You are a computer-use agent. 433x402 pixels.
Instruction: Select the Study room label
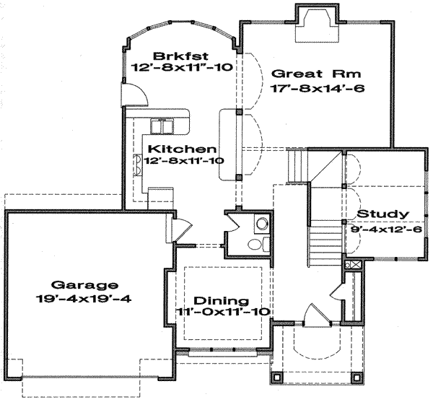click(x=383, y=214)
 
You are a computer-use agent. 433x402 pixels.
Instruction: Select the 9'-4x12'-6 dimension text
click(x=386, y=230)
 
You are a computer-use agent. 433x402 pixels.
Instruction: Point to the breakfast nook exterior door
click(x=135, y=94)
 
